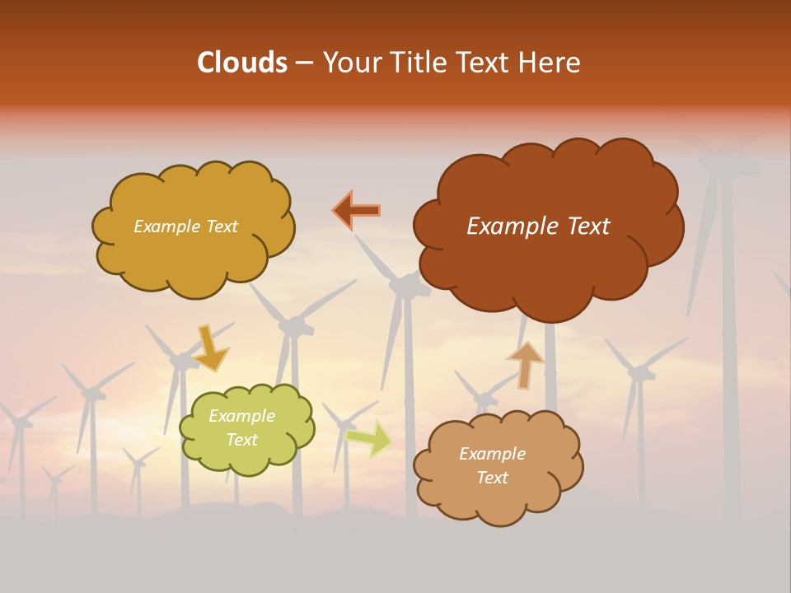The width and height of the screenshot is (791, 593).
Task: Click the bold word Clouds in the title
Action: click(242, 63)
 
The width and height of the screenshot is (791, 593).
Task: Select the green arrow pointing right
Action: click(369, 438)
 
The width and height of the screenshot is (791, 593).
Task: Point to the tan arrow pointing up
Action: click(525, 364)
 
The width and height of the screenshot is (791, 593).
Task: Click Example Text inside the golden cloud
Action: click(185, 226)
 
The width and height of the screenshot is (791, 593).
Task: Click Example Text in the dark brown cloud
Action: click(538, 226)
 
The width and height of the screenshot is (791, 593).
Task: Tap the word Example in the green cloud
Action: click(241, 416)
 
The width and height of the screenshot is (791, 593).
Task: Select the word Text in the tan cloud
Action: click(492, 478)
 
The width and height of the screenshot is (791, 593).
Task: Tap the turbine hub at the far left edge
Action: click(18, 422)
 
